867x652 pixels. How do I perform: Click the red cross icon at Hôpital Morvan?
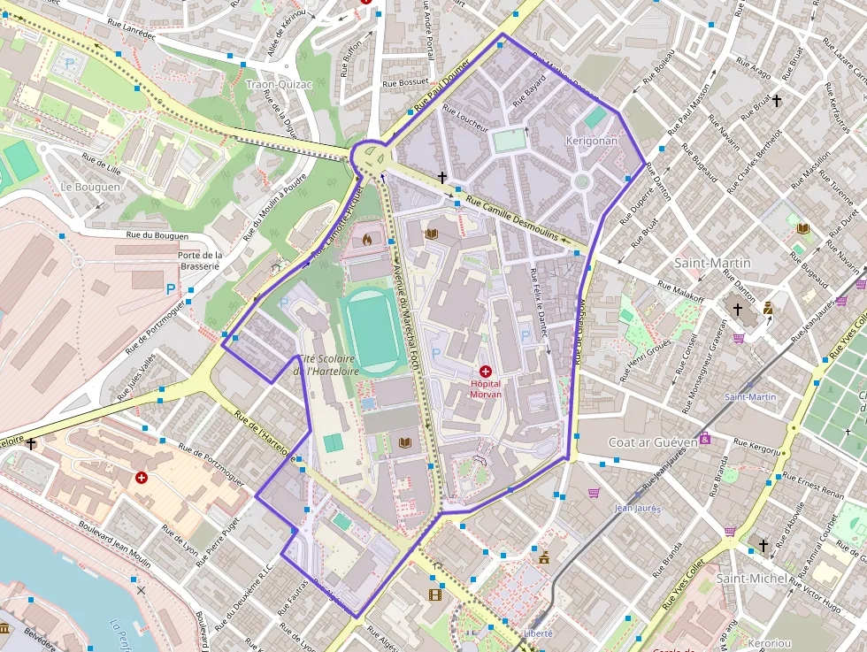click(485, 373)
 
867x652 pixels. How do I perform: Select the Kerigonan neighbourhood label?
click(591, 141)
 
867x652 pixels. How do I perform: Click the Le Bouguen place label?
click(90, 187)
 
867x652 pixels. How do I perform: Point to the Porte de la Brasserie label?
click(198, 260)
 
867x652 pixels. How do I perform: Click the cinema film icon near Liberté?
click(434, 594)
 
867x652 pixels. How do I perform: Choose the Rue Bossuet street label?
click(405, 83)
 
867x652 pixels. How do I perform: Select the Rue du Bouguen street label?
click(157, 235)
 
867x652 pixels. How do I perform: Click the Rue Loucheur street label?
click(465, 119)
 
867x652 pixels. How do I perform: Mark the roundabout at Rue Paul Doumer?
click(371, 157)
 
